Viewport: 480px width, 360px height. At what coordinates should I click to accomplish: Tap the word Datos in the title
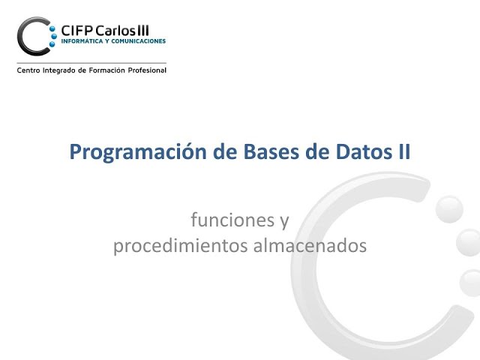354,151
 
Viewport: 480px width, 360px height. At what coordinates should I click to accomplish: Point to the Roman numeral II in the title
403,151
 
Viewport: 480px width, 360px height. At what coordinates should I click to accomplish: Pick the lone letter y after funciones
283,222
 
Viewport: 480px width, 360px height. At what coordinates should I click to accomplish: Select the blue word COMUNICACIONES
138,42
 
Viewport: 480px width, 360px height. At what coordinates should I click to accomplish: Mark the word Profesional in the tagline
149,70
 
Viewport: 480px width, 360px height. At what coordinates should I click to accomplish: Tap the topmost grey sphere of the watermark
449,208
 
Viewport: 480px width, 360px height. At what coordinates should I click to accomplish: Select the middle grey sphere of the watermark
469,244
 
